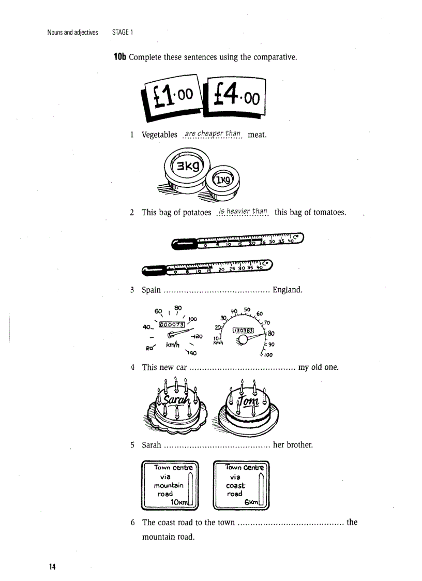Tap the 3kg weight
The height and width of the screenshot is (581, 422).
[185, 166]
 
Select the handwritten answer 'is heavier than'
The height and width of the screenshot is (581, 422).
[243, 211]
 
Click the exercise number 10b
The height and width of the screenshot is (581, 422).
[120, 57]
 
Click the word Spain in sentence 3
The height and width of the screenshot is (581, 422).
[152, 290]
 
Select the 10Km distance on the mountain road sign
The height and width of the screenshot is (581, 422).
[178, 501]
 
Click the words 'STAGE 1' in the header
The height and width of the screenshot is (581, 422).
[123, 32]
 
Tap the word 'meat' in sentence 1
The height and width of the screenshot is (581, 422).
[257, 135]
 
